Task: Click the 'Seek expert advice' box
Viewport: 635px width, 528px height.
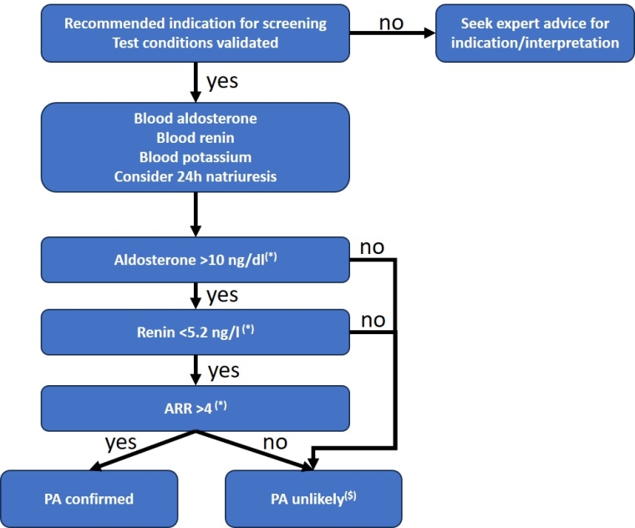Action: coord(535,33)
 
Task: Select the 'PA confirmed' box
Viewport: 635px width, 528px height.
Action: coord(89,499)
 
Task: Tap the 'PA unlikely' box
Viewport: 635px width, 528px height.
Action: coord(313,499)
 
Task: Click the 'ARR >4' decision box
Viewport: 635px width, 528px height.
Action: coord(196,407)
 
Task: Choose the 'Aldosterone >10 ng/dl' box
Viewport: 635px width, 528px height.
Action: coord(196,259)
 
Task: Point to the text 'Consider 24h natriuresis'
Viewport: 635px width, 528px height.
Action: coord(196,175)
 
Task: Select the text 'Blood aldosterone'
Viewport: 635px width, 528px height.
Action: coord(196,119)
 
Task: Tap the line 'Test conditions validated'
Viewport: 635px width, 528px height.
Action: coord(196,43)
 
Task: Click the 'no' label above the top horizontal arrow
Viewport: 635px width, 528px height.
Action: coord(392,20)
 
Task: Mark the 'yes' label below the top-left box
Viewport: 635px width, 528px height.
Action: coord(221,83)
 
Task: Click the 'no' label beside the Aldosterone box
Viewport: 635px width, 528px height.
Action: coord(373,248)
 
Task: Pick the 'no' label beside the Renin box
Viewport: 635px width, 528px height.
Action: coord(373,321)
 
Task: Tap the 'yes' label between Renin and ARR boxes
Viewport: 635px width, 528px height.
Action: coord(221,370)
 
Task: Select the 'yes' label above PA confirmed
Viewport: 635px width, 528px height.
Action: coord(120,442)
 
